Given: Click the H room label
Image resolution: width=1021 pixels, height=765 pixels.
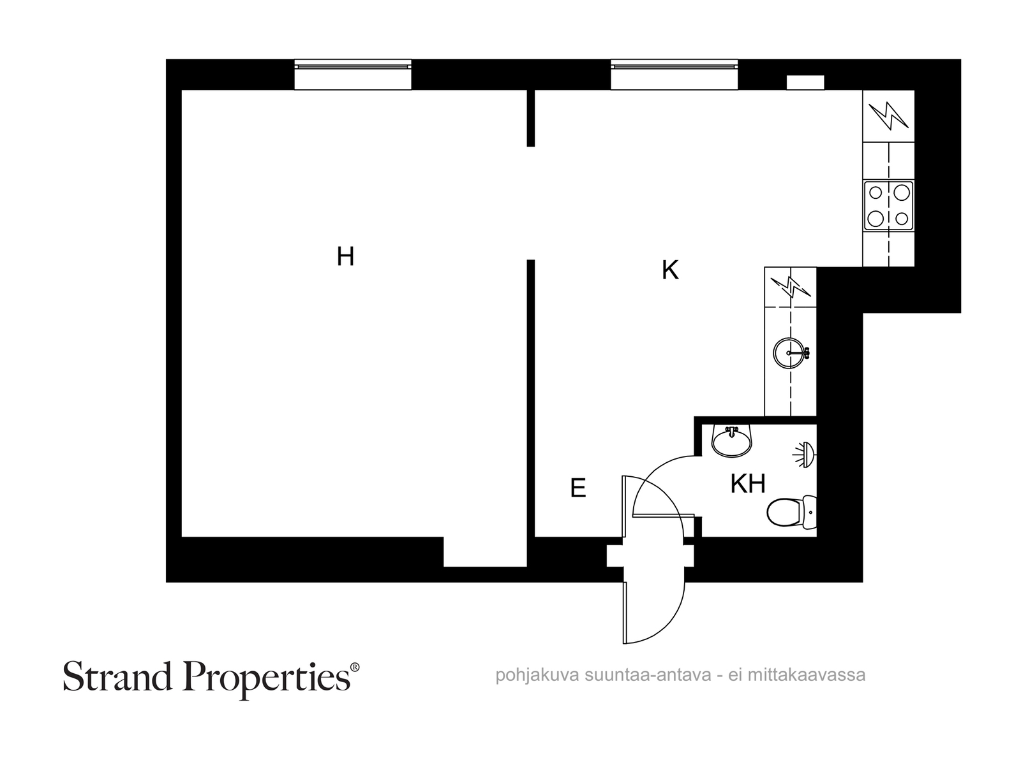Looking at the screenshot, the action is coord(345,256).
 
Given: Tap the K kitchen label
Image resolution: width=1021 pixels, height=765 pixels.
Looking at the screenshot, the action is coord(670,270).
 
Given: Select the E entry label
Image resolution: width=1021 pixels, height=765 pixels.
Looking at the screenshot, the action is coord(578,488).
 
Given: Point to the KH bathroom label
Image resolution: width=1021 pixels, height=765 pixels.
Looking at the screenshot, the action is coord(747,483).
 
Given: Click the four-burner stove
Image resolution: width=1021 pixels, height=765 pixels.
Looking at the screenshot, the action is coord(888,206).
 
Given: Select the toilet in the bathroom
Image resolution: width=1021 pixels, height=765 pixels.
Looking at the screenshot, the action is coord(791,513).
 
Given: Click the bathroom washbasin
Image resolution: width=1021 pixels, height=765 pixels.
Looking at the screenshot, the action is coord(732,441).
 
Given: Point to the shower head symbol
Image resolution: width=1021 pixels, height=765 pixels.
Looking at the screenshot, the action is coord(804,455).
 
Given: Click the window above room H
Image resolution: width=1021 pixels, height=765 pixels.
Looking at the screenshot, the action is coord(353,75).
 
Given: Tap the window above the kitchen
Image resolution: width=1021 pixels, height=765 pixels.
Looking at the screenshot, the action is coord(674,75).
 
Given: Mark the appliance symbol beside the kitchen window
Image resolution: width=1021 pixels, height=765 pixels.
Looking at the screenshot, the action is coord(888,115).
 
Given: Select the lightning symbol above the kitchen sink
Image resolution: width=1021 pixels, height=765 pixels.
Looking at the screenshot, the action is coord(790,287).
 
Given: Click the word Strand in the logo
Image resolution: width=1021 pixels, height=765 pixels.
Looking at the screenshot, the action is coord(117,676).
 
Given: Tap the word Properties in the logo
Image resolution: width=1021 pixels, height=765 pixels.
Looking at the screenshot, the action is coord(267,680).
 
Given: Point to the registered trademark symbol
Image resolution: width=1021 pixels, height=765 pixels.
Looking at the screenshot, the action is coord(354,667).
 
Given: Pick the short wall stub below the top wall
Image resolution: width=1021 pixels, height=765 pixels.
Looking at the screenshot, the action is coord(531,118).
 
